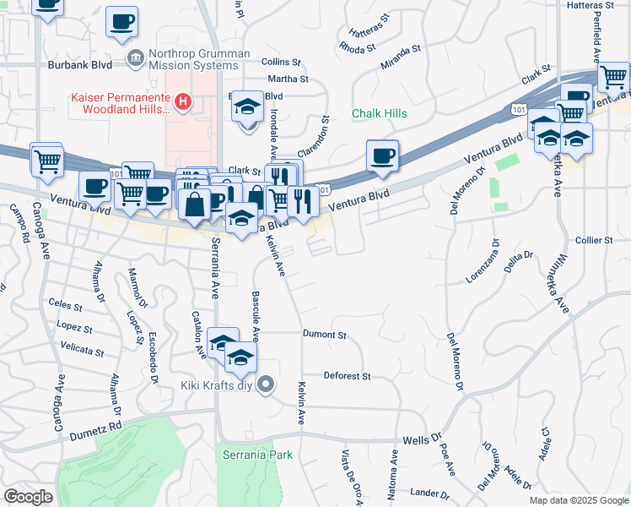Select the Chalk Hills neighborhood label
pyautogui.click(x=379, y=114)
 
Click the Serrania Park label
pyautogui.click(x=257, y=455)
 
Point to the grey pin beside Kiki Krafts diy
pyautogui.click(x=267, y=385)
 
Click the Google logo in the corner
pyautogui.click(x=28, y=497)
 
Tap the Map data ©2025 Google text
pyautogui.click(x=578, y=500)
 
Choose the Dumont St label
pyautogui.click(x=325, y=335)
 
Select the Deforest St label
pyautogui.click(x=348, y=375)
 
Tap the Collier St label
pyautogui.click(x=593, y=241)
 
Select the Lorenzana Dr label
pyautogui.click(x=484, y=263)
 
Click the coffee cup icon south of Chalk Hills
pyautogui.click(x=383, y=155)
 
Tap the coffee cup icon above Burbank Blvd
pyautogui.click(x=121, y=21)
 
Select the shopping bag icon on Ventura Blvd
pyautogui.click(x=195, y=204)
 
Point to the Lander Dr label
pyautogui.click(x=429, y=492)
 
